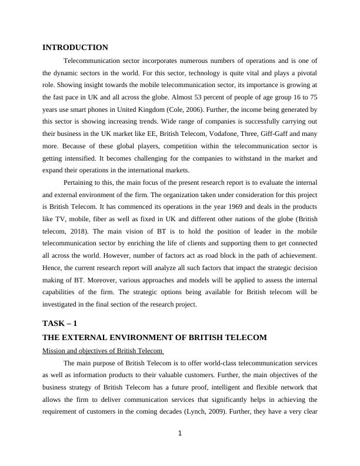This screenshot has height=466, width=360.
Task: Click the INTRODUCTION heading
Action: coord(75,48)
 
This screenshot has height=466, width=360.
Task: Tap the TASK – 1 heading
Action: coord(60,324)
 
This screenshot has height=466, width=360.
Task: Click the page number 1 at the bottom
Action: coord(180,434)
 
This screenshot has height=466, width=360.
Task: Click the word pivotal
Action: coord(305,72)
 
